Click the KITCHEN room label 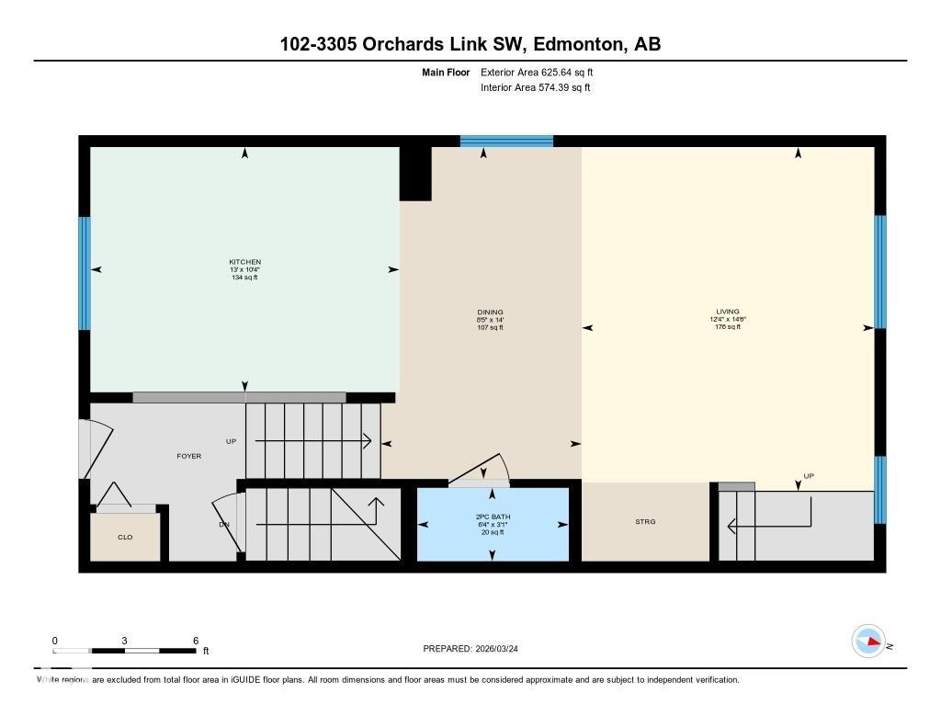(244, 262)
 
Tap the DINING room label (491, 312)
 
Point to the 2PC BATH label (492, 517)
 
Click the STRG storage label (645, 522)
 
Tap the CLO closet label (126, 537)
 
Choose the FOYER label (189, 456)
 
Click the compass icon (867, 642)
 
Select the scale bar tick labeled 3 (124, 641)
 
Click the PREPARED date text (476, 649)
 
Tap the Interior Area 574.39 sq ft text (535, 88)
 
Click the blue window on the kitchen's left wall (85, 273)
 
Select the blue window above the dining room (506, 142)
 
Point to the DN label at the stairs (223, 525)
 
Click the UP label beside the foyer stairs (232, 441)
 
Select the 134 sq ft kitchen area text (244, 277)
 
